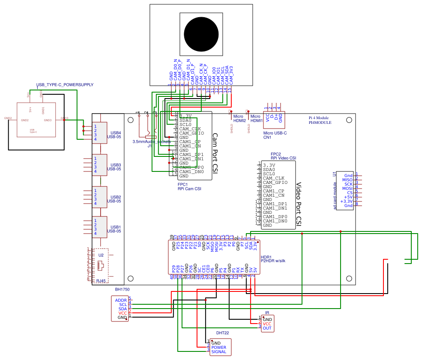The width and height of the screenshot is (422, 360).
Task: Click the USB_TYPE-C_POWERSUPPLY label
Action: pyautogui.click(x=65, y=85)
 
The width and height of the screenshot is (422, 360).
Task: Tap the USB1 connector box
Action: pyautogui.click(x=100, y=227)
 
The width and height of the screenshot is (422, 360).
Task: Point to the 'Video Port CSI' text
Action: pyautogui.click(x=299, y=204)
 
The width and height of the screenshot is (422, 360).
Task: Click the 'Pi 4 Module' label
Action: pyautogui.click(x=319, y=117)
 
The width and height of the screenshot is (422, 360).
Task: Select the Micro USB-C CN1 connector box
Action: pyautogui.click(x=274, y=118)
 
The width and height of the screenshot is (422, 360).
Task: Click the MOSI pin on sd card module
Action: pyautogui.click(x=347, y=188)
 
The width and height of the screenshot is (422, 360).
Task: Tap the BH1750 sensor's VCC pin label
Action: pyautogui.click(x=123, y=313)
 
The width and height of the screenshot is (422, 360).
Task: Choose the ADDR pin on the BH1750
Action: pyautogui.click(x=121, y=300)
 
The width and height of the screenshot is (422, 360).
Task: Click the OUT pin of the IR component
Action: pyautogui.click(x=267, y=328)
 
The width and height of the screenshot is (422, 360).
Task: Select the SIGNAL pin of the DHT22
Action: pyautogui.click(x=218, y=352)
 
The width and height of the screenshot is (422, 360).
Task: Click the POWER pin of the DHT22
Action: pyautogui.click(x=218, y=348)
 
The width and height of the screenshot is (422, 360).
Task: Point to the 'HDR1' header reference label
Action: pyautogui.click(x=266, y=256)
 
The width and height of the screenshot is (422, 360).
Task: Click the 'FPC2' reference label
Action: pyautogui.click(x=275, y=154)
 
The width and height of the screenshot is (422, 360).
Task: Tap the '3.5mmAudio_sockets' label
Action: pyautogui.click(x=151, y=141)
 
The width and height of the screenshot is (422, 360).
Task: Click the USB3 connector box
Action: pyautogui.click(x=100, y=165)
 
